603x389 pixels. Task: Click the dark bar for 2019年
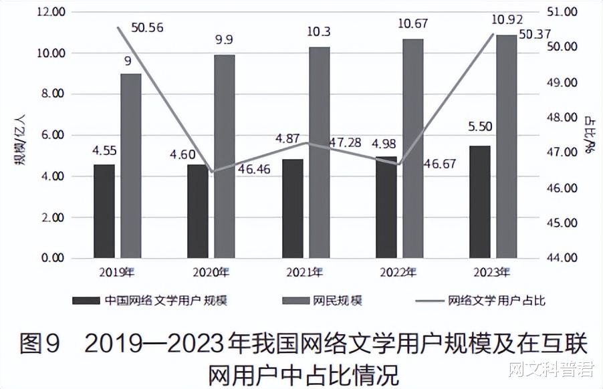pos(104,211)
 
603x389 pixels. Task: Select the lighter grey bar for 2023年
pos(506,146)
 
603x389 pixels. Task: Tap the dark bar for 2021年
pos(292,208)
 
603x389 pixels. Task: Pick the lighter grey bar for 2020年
pos(225,156)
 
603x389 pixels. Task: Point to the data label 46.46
pos(254,169)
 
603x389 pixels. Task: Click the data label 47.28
pos(346,142)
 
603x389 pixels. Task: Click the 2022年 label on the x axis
pos(398,272)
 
